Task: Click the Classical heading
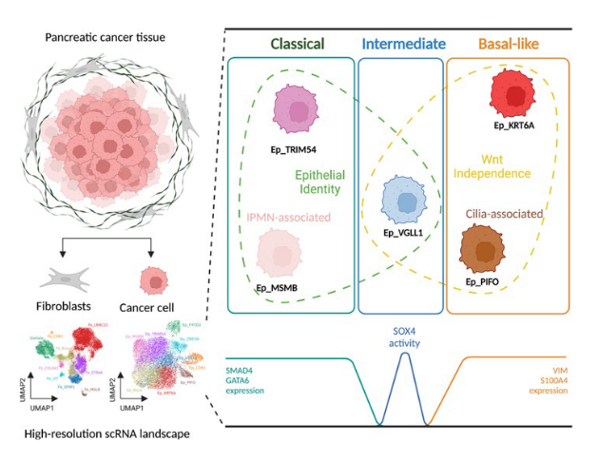coord(297,44)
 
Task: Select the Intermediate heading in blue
coord(404,44)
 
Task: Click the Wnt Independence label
coord(501,167)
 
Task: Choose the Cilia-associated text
coord(504,215)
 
